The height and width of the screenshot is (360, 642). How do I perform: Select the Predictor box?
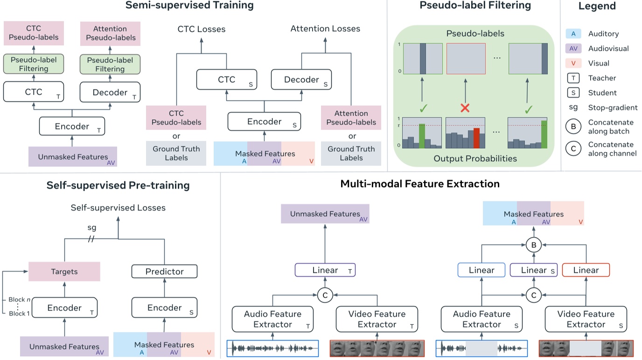[x=164, y=271]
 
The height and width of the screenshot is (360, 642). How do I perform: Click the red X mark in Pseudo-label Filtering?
[x=465, y=109]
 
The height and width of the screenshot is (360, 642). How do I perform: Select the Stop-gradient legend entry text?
[x=613, y=108]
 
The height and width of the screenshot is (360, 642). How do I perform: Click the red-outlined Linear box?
[x=586, y=270]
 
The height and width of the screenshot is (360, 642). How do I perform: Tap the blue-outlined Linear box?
[x=482, y=270]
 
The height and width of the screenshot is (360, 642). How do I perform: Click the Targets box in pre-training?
[x=64, y=271]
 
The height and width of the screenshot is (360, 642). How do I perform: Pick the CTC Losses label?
[x=202, y=29]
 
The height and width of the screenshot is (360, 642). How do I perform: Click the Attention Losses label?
[x=325, y=29]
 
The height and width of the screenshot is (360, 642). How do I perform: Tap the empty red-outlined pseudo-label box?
[x=466, y=59]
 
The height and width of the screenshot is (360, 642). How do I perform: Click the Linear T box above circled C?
[x=325, y=270]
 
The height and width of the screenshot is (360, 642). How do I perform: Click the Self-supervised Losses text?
[x=118, y=208]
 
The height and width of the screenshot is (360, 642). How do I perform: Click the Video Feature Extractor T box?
[x=377, y=319]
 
